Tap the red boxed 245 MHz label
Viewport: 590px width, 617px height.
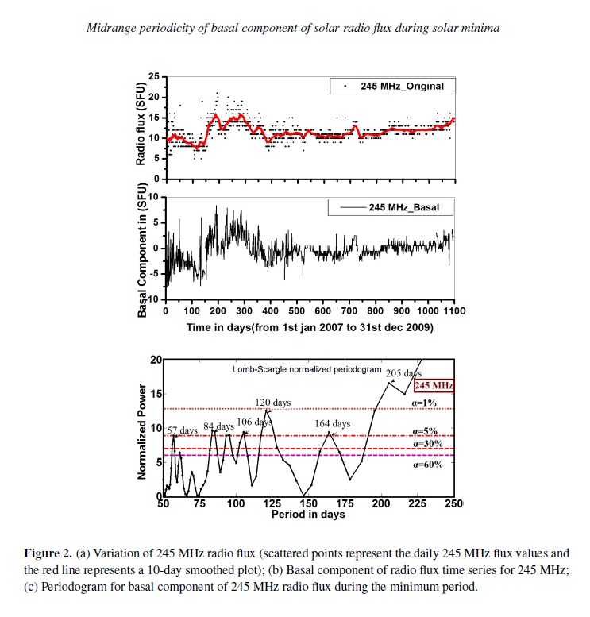[x=434, y=386]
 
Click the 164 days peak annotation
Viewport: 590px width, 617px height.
[x=331, y=424]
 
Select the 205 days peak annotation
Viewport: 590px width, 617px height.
[x=403, y=372]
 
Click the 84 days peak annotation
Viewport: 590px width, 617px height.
[x=218, y=426]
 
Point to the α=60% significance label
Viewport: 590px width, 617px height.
[x=426, y=464]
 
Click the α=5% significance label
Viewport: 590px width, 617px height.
[x=426, y=431]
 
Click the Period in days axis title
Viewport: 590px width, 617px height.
[x=308, y=515]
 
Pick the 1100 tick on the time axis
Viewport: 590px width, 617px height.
[x=453, y=310]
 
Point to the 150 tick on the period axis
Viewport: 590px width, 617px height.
[x=308, y=504]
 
